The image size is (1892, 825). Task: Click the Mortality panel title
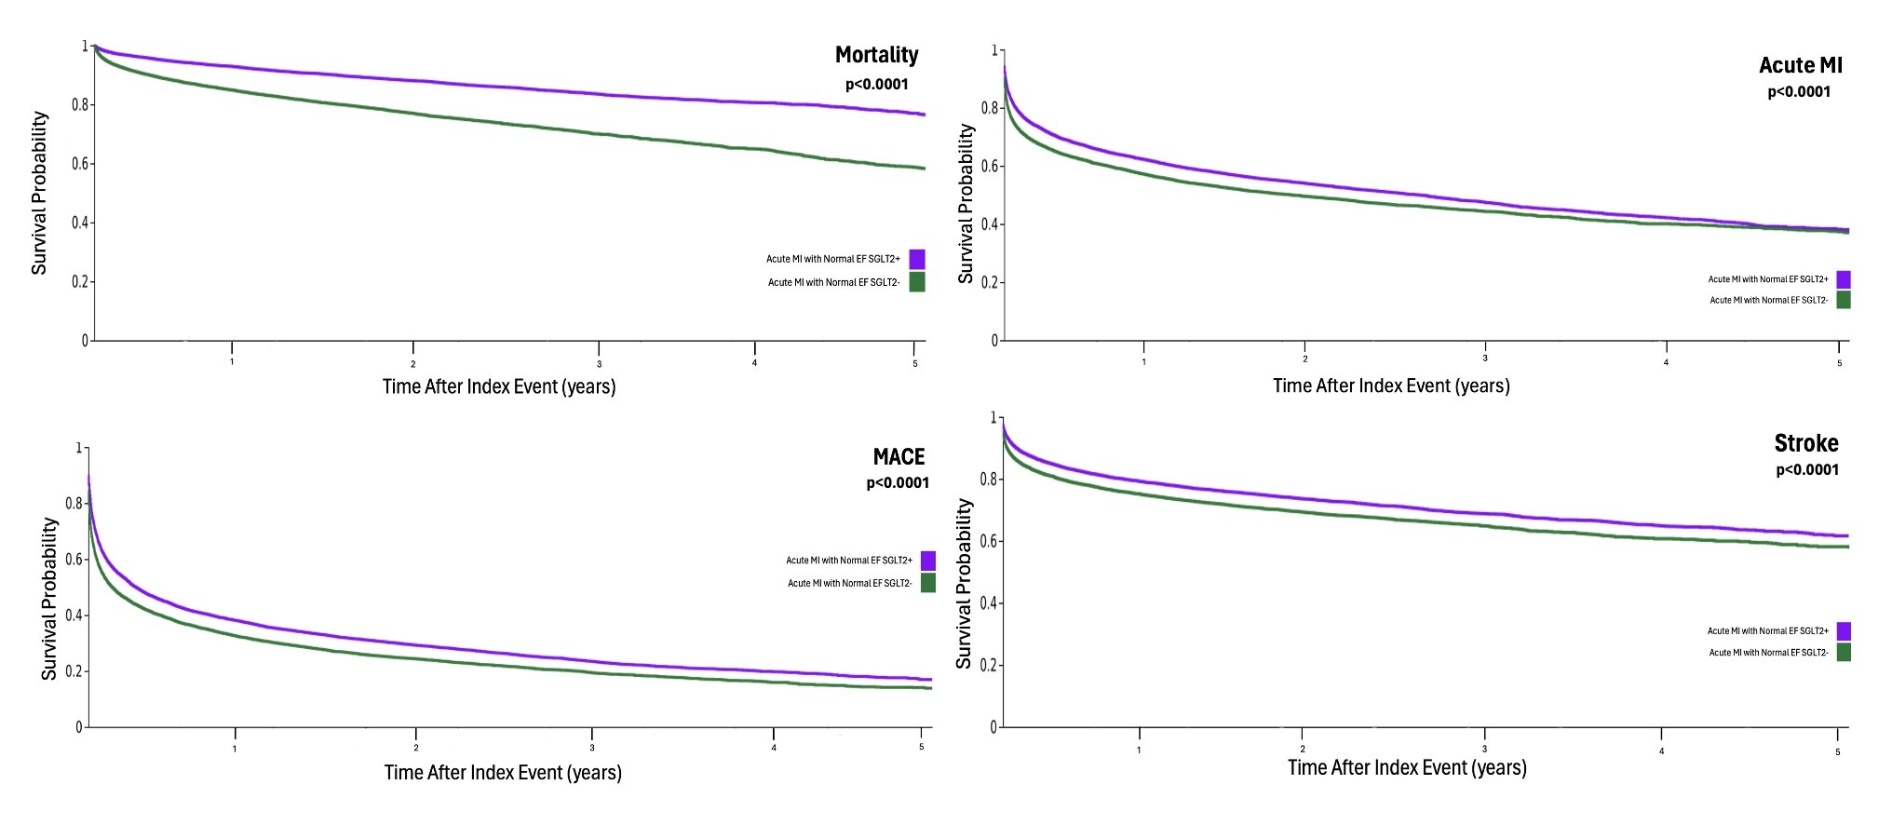[876, 56]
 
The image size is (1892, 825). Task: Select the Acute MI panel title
[1800, 66]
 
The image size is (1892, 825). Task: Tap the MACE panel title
[899, 457]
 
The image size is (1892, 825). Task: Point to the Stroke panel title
[1805, 443]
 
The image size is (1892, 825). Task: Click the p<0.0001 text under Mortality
[876, 85]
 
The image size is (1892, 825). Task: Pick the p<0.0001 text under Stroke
[1806, 470]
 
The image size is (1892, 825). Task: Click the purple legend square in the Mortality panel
[917, 259]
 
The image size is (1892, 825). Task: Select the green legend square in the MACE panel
[927, 583]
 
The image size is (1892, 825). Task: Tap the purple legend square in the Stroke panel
[1844, 631]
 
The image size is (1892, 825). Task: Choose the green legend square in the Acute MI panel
[1844, 300]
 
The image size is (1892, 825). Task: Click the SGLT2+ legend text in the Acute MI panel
[1767, 279]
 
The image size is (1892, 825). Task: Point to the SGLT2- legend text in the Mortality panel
[833, 282]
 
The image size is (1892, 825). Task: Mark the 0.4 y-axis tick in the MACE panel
[74, 615]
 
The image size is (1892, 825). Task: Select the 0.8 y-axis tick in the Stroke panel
[988, 479]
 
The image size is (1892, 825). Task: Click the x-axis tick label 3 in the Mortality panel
[599, 364]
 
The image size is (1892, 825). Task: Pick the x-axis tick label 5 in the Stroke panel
[1837, 752]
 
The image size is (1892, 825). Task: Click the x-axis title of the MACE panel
[503, 773]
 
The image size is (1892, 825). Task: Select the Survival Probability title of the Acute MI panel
[966, 204]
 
